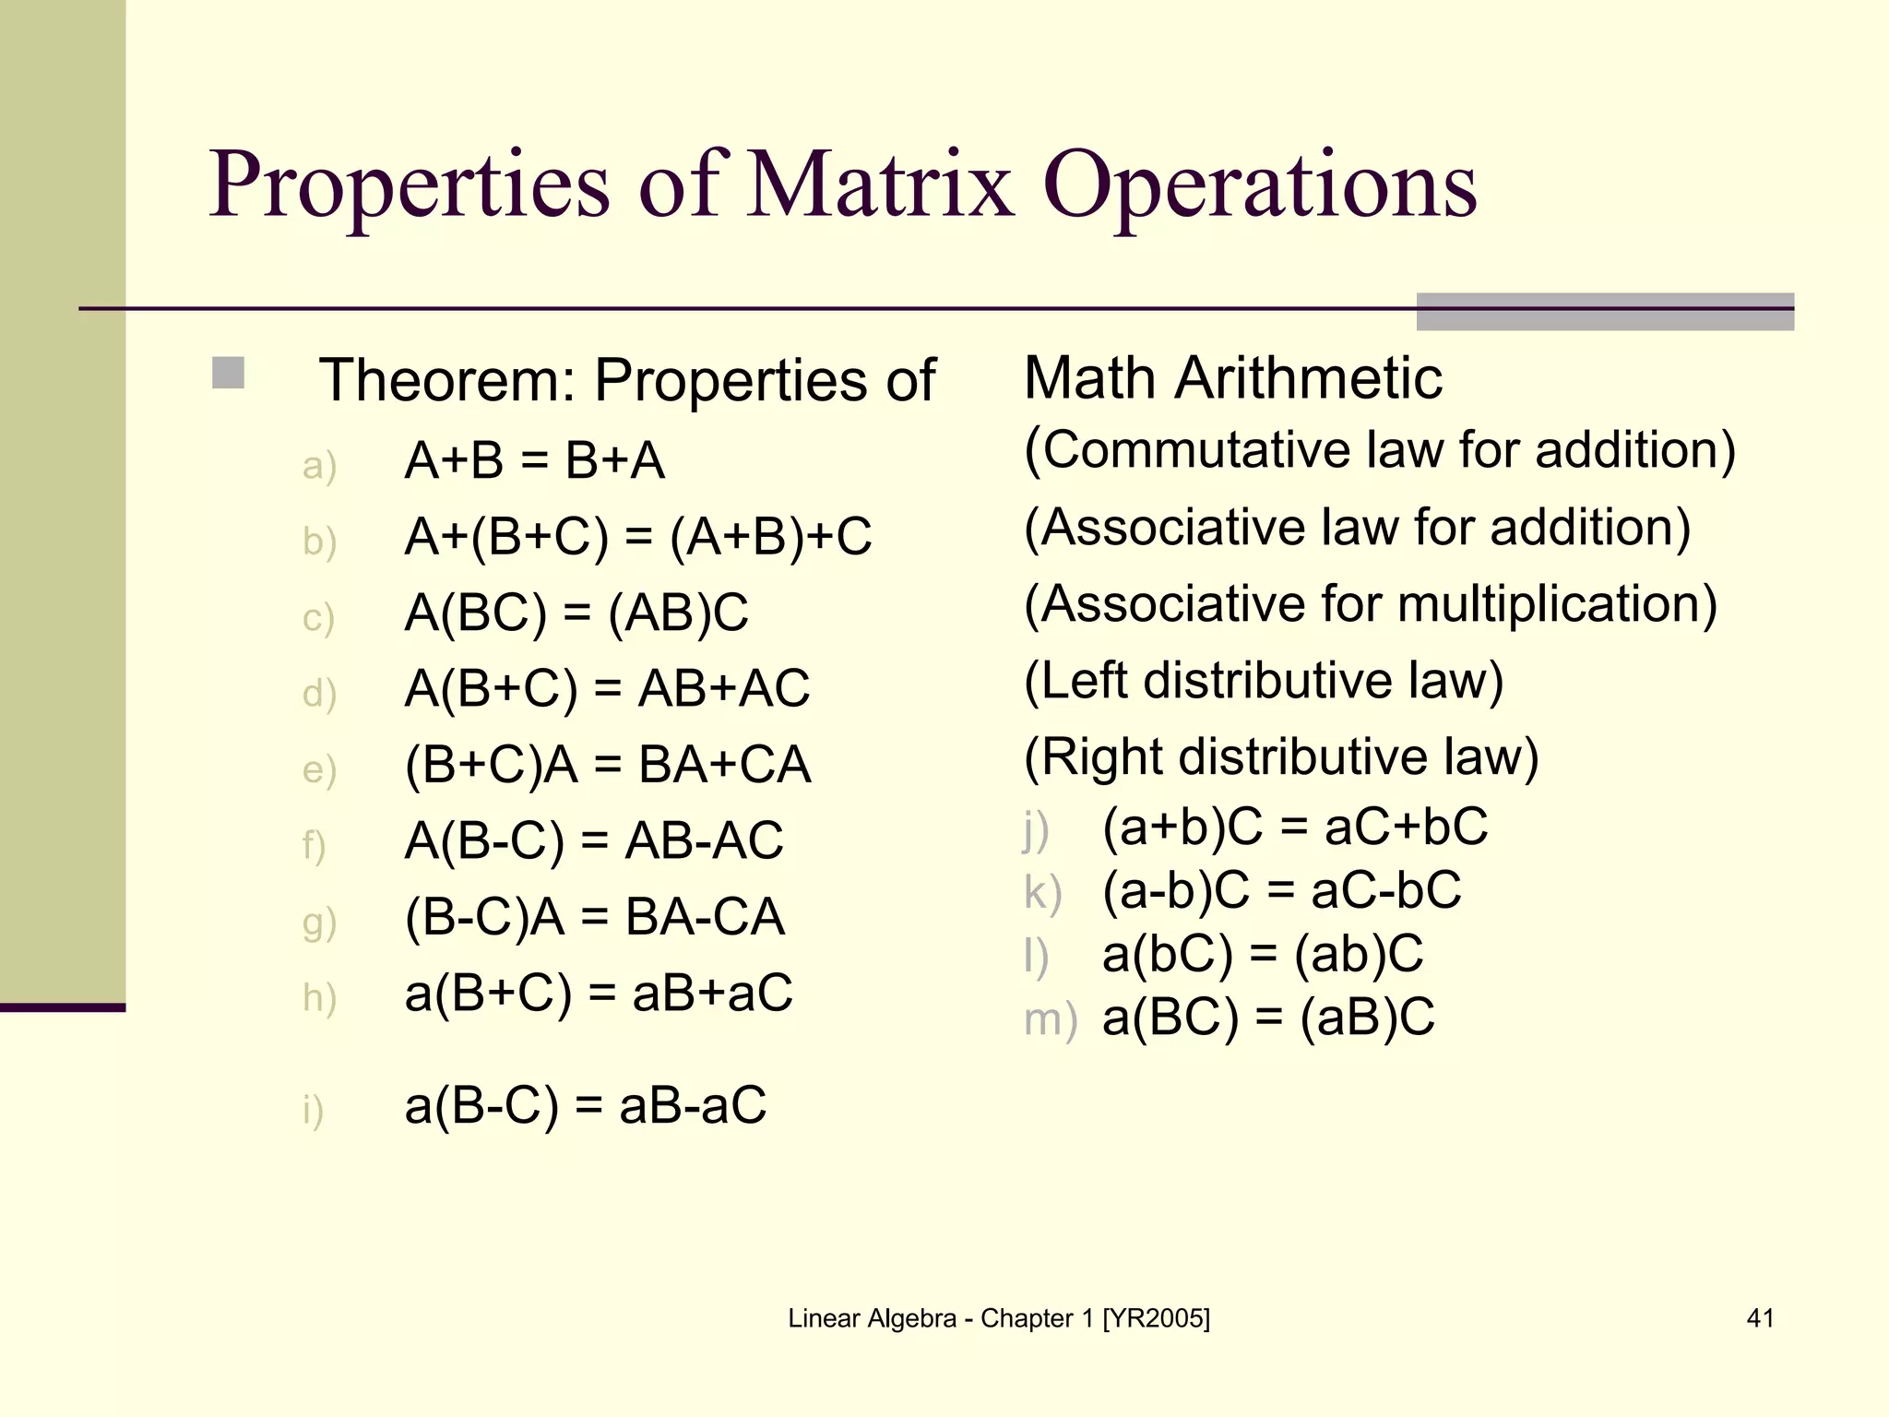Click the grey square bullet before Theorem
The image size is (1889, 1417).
click(x=228, y=374)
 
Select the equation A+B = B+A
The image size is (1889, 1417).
click(x=534, y=460)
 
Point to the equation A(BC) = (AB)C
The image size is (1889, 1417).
click(x=576, y=613)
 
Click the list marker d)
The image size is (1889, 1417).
click(x=319, y=693)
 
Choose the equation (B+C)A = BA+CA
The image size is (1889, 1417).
click(x=608, y=765)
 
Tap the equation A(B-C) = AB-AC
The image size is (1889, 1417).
click(x=594, y=840)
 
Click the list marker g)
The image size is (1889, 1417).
click(x=319, y=922)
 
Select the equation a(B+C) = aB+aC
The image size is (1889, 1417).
click(x=599, y=994)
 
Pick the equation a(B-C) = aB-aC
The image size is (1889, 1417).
click(x=586, y=1105)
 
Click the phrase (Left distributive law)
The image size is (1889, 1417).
click(x=1264, y=681)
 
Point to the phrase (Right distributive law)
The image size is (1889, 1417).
click(x=1281, y=757)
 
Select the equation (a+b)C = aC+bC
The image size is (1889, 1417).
click(x=1295, y=826)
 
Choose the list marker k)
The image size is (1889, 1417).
click(x=1042, y=893)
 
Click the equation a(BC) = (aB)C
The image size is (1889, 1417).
click(x=1268, y=1018)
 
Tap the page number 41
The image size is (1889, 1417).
click(x=1760, y=1318)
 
